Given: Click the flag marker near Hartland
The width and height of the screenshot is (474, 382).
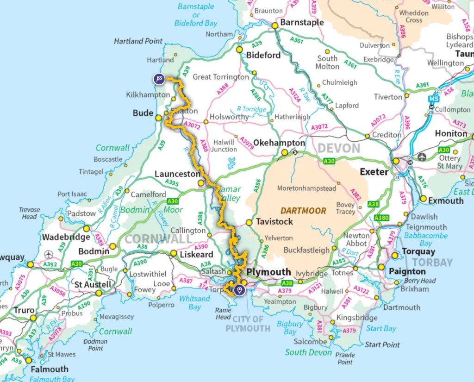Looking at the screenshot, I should click(159, 79).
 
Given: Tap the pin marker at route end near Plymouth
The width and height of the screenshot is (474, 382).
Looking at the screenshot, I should click(239, 290).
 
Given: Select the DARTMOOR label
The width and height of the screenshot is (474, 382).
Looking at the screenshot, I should click(304, 210).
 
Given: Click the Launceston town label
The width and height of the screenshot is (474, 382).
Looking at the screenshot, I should click(177, 174).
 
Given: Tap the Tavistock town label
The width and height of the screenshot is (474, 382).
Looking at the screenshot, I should click(274, 222).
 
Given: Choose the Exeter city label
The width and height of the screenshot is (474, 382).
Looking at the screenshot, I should click(374, 172).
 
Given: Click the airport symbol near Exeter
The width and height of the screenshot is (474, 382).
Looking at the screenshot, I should click(422, 157).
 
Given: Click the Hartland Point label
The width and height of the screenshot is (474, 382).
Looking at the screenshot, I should click(138, 41).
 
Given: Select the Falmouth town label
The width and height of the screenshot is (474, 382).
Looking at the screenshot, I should click(49, 369).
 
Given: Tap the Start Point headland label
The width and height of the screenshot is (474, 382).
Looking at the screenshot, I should click(382, 344).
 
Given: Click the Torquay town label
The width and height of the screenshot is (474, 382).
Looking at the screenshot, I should click(418, 251).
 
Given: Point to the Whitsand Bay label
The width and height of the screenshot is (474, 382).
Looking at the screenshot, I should click(194, 303).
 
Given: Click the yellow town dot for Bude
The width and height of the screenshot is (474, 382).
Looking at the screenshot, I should click(159, 118).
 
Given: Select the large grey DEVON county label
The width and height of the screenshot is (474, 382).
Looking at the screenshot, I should click(338, 149).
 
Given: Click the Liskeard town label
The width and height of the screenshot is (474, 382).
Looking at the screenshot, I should click(196, 254).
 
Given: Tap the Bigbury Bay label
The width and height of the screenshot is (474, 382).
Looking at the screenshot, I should click(290, 328).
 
